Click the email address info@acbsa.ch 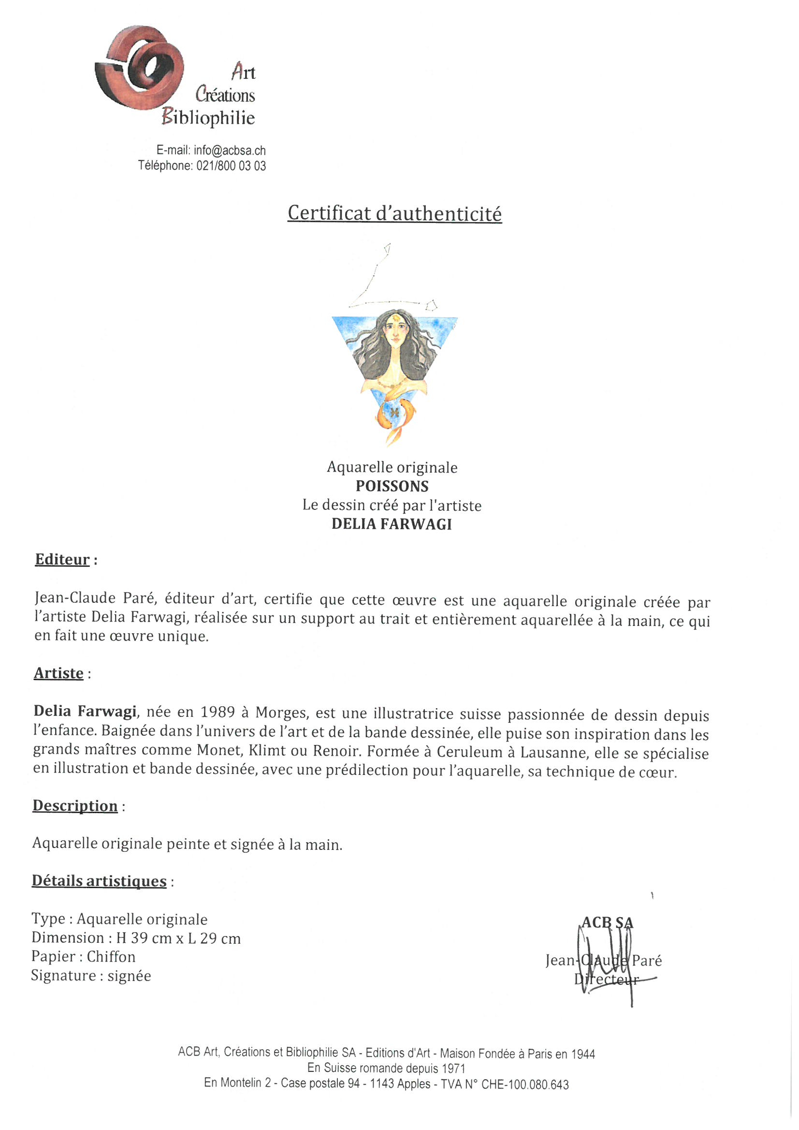point(229,150)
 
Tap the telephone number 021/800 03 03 point(231,166)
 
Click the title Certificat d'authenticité point(394,213)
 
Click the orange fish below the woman point(395,416)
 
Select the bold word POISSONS point(392,486)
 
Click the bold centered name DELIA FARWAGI point(392,524)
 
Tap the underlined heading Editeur point(62,560)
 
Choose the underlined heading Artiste point(58,673)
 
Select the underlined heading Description point(75,806)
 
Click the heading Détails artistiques point(99,881)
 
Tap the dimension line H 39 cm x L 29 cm point(178,938)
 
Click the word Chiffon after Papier point(111,957)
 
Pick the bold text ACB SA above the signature point(607,922)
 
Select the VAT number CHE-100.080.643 point(524,1084)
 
